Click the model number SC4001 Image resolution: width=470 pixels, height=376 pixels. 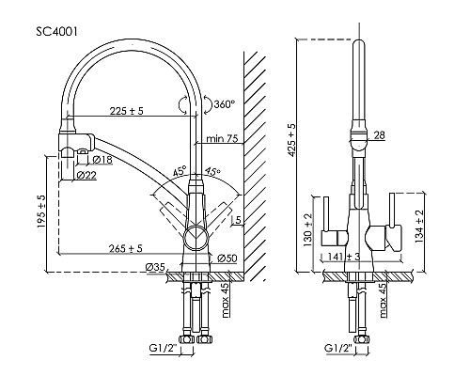click(56, 32)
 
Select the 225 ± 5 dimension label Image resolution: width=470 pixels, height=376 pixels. click(126, 111)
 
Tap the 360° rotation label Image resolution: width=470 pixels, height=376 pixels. click(225, 103)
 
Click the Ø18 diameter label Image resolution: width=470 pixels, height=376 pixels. click(102, 160)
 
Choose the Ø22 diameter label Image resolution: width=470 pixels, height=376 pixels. click(86, 176)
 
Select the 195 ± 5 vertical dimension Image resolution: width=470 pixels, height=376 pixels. click(41, 211)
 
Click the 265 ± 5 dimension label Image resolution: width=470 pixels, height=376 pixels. click(126, 248)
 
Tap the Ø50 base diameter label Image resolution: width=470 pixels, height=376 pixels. click(227, 258)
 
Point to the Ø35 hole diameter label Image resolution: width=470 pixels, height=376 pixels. click(155, 268)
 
